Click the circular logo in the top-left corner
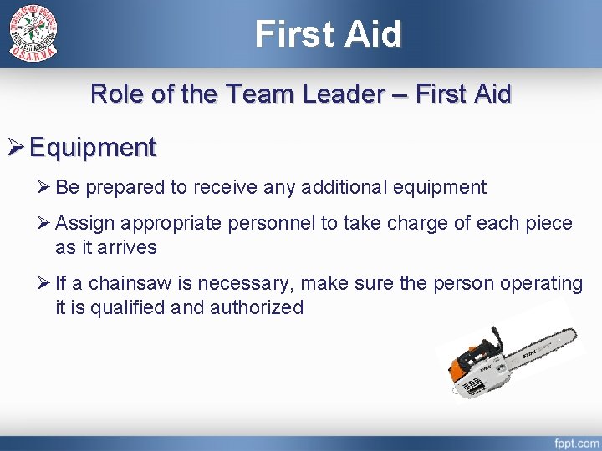point(33,33)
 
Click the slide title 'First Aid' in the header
point(328,34)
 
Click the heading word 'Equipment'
point(92,148)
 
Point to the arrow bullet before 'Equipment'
point(15,148)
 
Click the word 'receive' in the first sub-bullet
point(224,187)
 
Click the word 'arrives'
point(128,248)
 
